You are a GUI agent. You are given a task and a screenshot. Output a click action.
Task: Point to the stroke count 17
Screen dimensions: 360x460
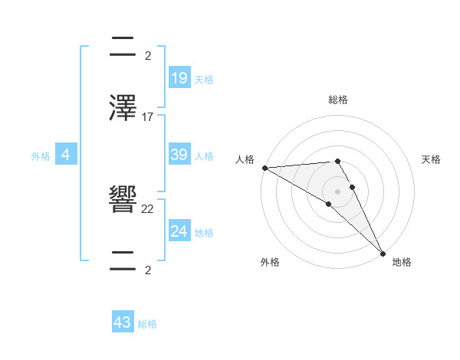pos(148,117)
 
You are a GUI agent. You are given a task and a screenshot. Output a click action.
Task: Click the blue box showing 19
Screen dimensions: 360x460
pos(179,77)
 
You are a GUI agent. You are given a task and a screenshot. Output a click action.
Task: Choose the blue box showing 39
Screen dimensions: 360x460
pos(179,155)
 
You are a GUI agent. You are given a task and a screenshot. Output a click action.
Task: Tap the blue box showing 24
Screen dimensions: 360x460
pos(179,231)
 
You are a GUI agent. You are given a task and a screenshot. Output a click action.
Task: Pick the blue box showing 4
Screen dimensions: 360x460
pos(66,155)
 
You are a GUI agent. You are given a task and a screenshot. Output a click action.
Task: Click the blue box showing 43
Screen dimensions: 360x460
pos(123,322)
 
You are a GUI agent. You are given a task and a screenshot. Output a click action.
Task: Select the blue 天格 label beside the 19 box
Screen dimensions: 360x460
pos(203,80)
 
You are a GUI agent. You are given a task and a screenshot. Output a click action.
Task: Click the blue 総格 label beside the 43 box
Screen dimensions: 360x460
pos(147,325)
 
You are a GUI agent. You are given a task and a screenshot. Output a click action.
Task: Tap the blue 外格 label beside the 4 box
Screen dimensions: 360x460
pos(41,156)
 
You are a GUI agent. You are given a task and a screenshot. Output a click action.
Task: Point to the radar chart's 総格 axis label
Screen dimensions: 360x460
pos(338,100)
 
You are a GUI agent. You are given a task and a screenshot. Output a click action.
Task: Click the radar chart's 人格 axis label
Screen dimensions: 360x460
pos(245,159)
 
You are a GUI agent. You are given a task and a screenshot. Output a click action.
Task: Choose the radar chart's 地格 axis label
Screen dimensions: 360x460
pos(402,262)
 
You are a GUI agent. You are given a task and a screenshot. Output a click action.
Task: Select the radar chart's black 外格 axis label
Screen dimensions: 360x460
pos(270,262)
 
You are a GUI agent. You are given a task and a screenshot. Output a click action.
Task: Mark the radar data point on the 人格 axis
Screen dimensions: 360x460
pos(264,167)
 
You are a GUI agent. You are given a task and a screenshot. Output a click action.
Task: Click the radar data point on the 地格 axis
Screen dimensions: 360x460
pos(383,253)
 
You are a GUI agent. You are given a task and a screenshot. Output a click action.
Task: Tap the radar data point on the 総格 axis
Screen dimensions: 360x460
pos(337,162)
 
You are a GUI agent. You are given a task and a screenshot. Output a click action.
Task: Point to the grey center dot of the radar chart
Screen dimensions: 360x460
pos(337,191)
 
